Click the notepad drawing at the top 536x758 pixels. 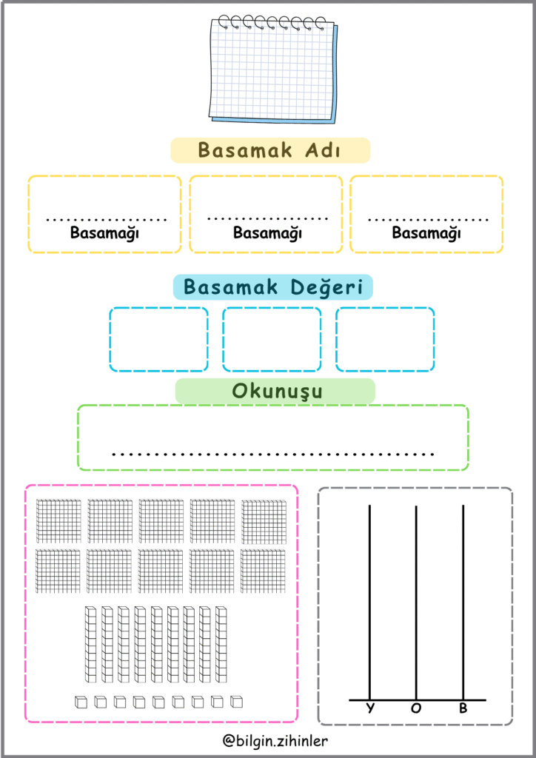(272, 70)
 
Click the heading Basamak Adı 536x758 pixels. (269, 150)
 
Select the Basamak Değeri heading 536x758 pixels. (273, 287)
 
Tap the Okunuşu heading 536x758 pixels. (276, 391)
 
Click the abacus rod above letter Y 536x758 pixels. (370, 600)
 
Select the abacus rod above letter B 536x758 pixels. (463, 600)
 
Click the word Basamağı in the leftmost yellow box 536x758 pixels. (105, 233)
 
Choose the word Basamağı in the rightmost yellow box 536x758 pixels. (426, 233)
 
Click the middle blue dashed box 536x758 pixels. (272, 339)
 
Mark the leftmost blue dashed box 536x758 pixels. (159, 339)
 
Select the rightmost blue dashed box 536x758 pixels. (385, 339)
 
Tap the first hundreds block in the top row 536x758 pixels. (58, 521)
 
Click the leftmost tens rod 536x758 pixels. (90, 644)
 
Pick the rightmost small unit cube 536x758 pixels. (237, 702)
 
